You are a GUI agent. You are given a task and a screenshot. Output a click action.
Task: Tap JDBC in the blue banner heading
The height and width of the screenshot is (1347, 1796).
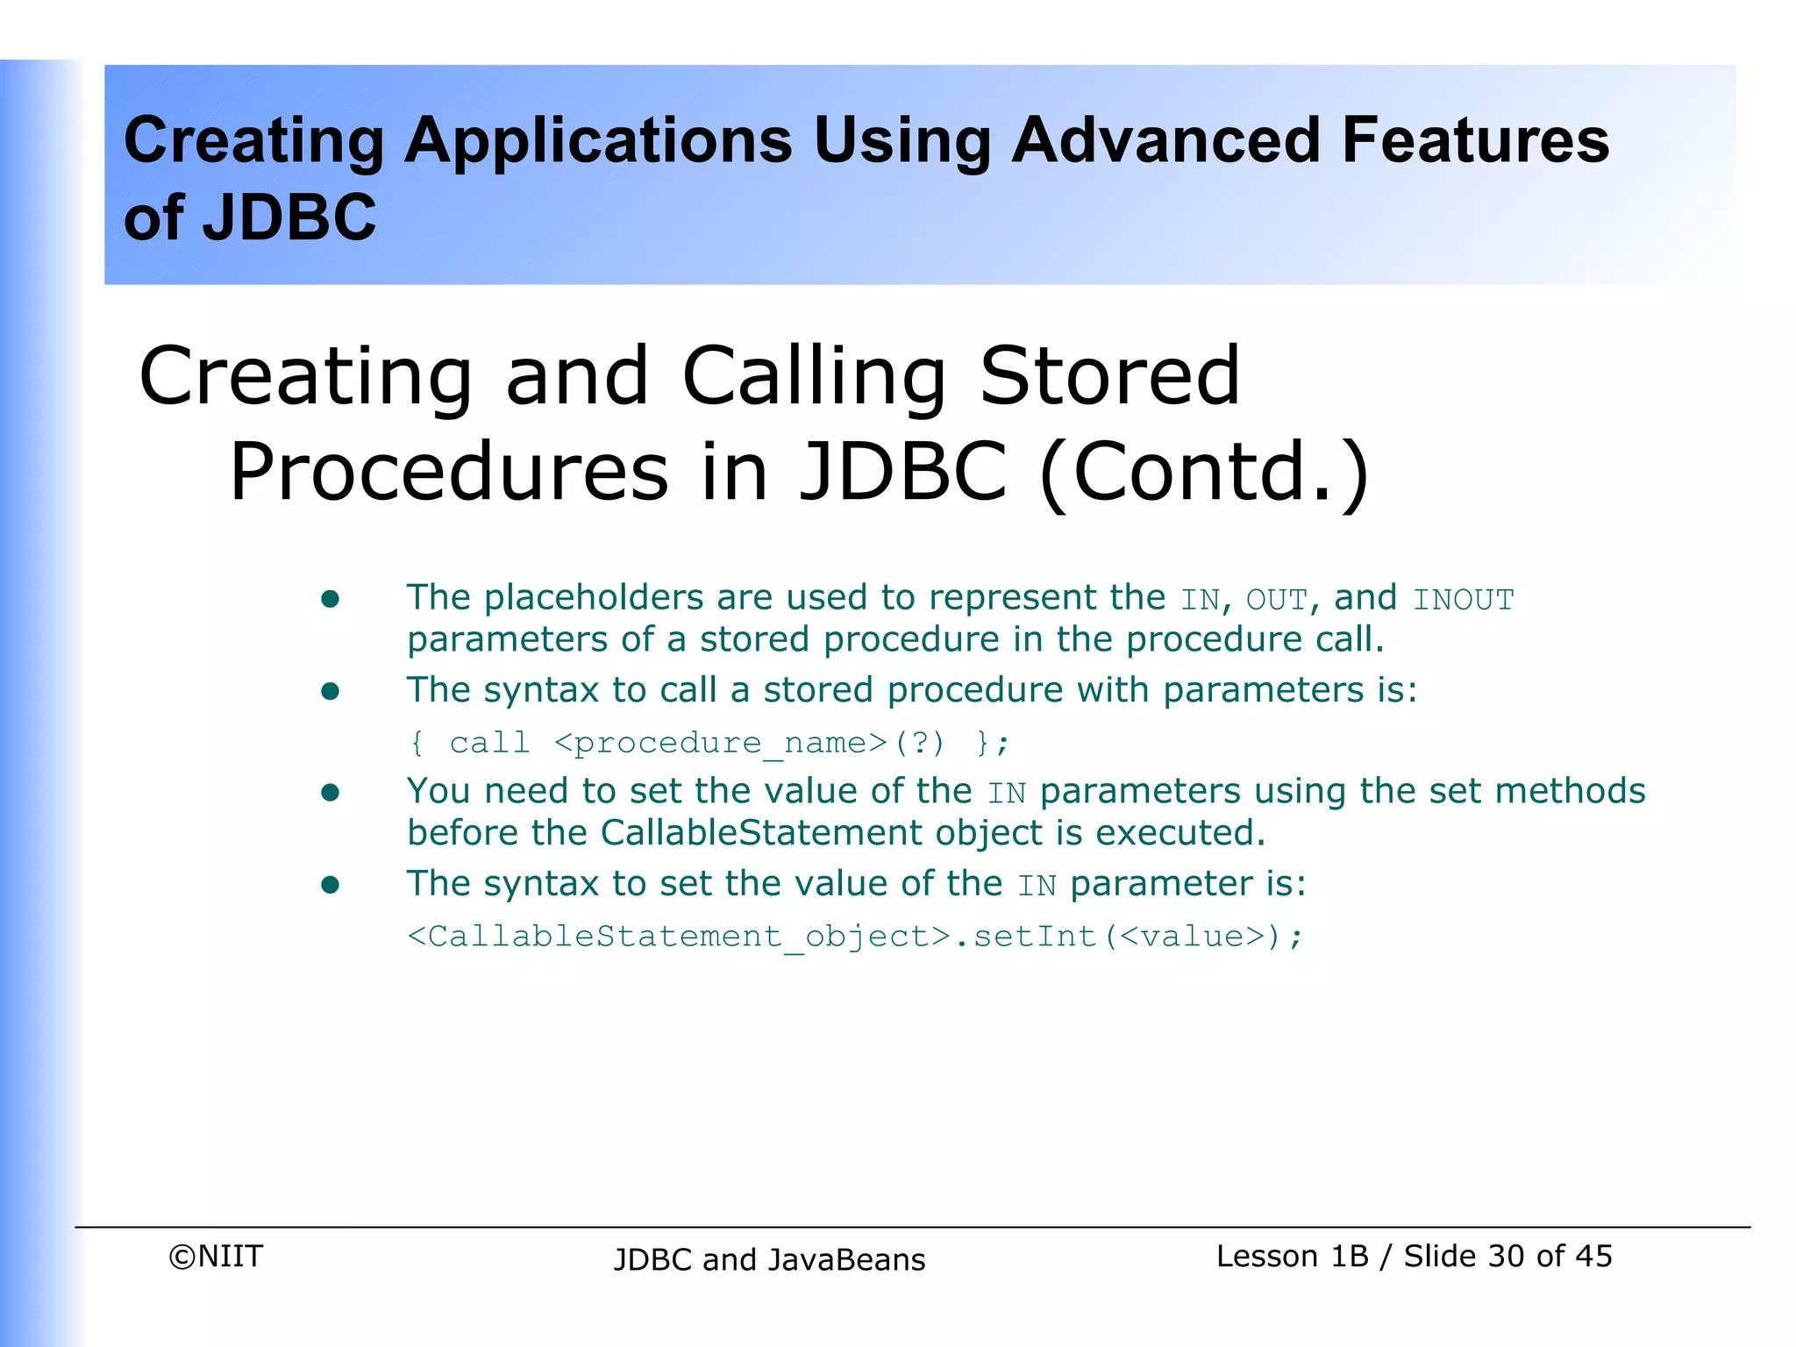click(289, 218)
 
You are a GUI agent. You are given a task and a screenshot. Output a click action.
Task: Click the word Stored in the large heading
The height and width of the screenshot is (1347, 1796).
click(1109, 376)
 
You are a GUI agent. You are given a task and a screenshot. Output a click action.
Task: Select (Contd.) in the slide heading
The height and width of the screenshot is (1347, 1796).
click(1204, 473)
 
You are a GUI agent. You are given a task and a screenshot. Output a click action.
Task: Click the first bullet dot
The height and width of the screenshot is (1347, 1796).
click(330, 600)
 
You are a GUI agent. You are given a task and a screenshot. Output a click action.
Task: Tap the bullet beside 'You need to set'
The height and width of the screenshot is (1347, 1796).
click(330, 794)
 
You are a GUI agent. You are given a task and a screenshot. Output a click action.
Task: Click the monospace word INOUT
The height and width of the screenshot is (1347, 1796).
click(1463, 601)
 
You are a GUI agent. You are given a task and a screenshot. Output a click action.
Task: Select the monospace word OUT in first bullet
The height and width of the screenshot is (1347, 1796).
click(1276, 601)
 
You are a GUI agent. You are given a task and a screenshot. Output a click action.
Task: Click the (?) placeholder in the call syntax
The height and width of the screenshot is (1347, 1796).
click(919, 744)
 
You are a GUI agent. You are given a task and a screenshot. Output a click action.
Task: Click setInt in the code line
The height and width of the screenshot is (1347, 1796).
click(1035, 937)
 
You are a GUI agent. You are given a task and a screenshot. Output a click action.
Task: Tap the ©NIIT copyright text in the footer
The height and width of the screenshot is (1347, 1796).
click(216, 1257)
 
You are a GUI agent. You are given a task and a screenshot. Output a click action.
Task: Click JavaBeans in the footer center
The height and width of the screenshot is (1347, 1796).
click(846, 1260)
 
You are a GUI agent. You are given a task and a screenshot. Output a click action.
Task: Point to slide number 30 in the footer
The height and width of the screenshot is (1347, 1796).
click(1506, 1257)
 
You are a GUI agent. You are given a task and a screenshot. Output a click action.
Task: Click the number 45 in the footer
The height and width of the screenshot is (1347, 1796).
click(1593, 1257)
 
